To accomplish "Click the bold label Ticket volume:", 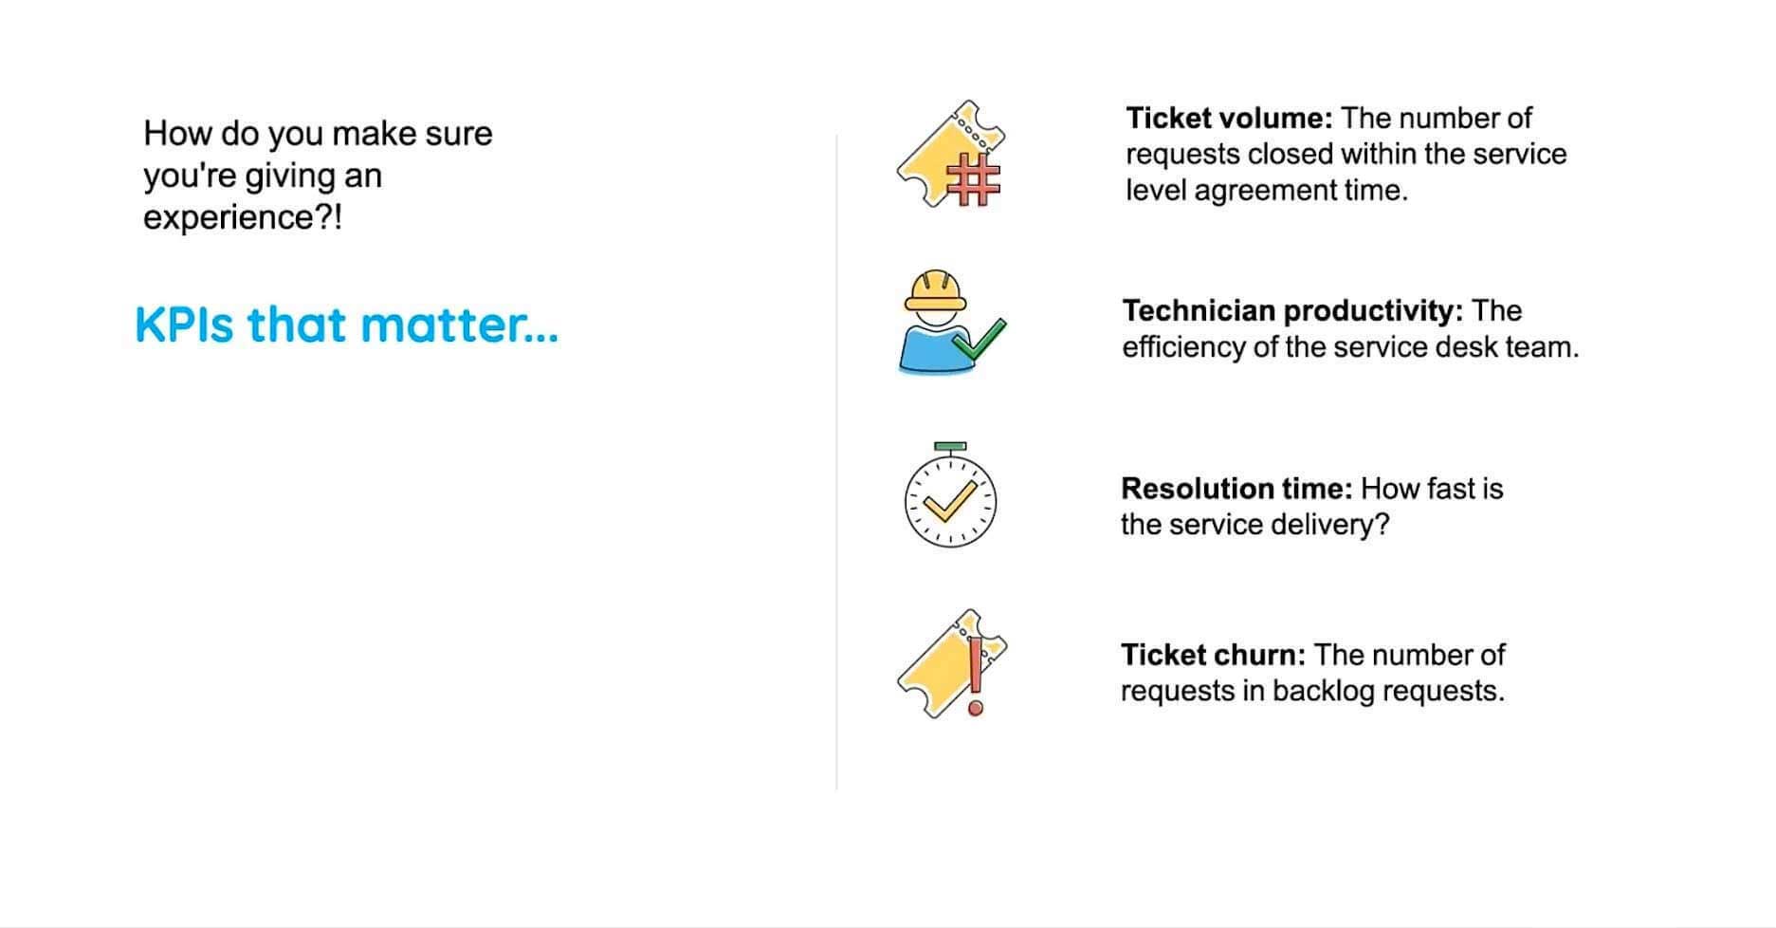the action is (x=1229, y=119).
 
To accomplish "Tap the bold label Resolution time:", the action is (x=1236, y=489).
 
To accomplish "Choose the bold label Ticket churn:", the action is (x=1214, y=655).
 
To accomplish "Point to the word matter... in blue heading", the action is (x=460, y=325).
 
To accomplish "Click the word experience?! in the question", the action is (x=243, y=218).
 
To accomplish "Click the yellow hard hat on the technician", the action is (x=935, y=290).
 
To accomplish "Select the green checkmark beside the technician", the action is (x=980, y=340).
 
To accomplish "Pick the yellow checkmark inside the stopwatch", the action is (x=950, y=501).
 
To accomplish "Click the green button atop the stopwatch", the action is (x=950, y=446).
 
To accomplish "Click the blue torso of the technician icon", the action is (x=927, y=349).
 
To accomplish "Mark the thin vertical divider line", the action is (x=836, y=462).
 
